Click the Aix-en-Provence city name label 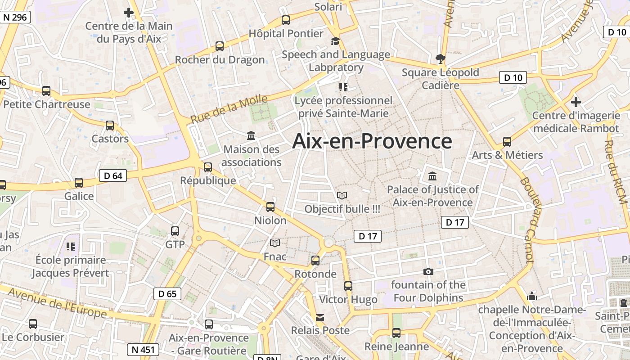coord(372,141)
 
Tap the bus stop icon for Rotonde coord(315,261)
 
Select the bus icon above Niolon coord(270,207)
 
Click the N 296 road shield coord(15,18)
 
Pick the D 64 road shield coord(113,175)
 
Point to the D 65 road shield coord(167,294)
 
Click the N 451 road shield coord(143,349)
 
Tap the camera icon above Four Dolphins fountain coord(428,271)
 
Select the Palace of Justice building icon coord(432,176)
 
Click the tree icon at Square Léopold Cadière coord(441,59)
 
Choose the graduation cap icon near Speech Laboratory coord(335,41)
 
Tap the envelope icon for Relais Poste coord(320,318)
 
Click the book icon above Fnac coord(274,243)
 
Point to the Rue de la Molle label coord(229,109)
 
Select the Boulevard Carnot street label coord(526,220)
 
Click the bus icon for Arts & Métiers coord(507,142)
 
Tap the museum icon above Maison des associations coord(251,135)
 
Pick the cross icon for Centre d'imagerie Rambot coord(576,102)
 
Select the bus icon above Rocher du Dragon coord(219,46)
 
